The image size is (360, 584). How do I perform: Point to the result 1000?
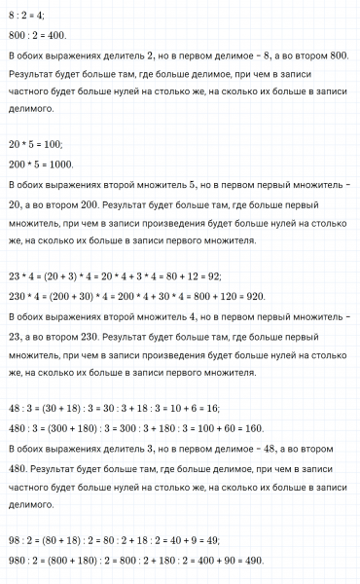[59, 164]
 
